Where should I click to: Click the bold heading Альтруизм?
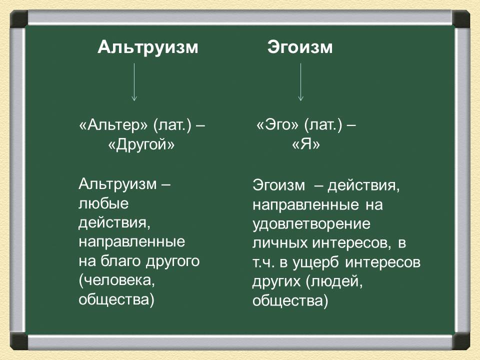[x=148, y=48]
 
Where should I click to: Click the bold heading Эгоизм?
[x=300, y=47]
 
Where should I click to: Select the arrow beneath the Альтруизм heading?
[x=134, y=82]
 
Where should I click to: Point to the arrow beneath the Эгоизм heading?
[x=300, y=82]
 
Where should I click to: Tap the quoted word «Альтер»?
[x=113, y=125]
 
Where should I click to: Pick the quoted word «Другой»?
[x=141, y=144]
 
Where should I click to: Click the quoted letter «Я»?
[x=306, y=144]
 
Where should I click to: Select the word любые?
[x=103, y=203]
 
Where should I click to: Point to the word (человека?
[x=117, y=280]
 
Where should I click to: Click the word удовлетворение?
[x=311, y=224]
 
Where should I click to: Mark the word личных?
[x=280, y=243]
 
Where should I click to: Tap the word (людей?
[x=334, y=282]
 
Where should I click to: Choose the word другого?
[x=172, y=261]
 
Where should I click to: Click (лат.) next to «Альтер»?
[x=172, y=125]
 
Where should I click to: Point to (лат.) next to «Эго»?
[x=323, y=125]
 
